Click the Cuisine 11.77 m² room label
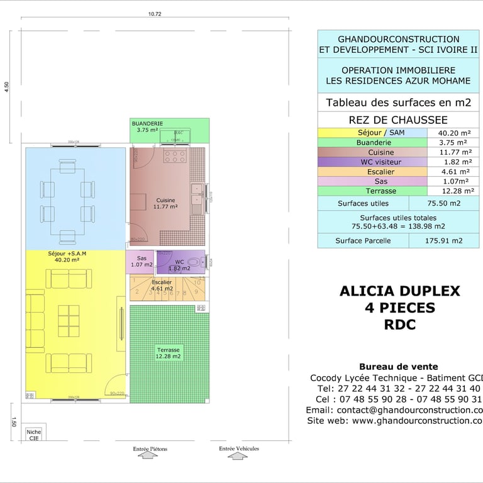(x=166, y=203)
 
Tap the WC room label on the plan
(x=179, y=264)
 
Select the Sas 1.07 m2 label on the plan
(x=142, y=261)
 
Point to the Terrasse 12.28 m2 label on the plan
(x=169, y=353)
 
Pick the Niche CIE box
(x=33, y=435)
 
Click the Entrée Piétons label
(x=150, y=449)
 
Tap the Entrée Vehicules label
(x=239, y=448)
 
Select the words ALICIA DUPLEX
(x=400, y=291)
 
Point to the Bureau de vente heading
(x=398, y=367)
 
